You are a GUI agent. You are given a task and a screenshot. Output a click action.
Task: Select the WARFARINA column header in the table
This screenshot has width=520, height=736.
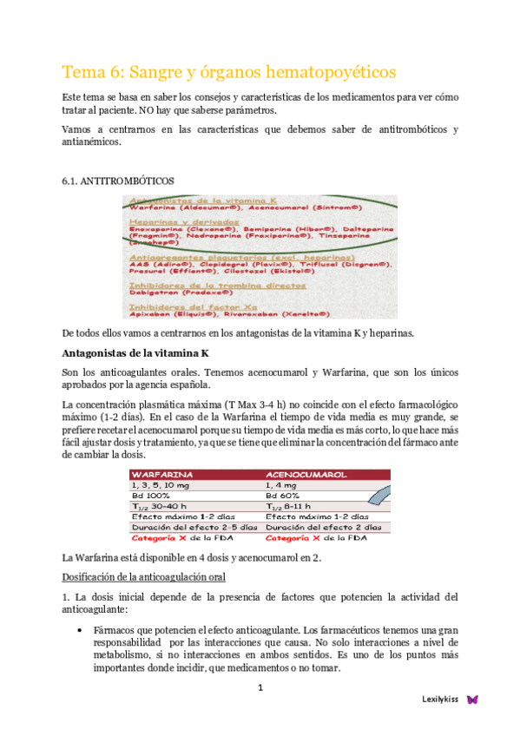[x=161, y=476]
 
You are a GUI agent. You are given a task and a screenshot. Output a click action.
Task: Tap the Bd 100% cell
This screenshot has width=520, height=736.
[x=151, y=496]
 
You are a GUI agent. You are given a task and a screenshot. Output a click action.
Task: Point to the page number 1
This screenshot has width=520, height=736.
[x=259, y=688]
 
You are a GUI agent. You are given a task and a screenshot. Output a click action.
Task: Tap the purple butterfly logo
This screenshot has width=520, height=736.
[x=472, y=699]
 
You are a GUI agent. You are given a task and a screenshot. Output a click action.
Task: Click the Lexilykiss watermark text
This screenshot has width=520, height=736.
[x=440, y=699]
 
